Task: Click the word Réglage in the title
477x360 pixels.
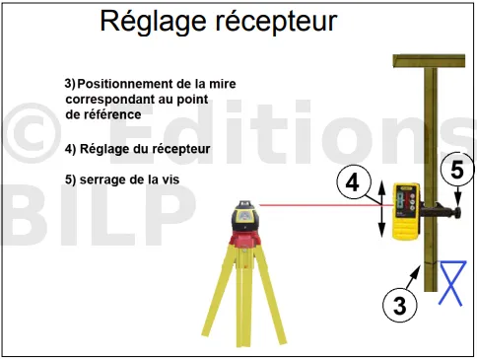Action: tap(154, 23)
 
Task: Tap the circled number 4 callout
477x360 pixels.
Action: tap(354, 182)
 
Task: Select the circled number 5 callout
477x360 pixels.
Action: tap(457, 170)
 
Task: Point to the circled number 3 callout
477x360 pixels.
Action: tap(399, 305)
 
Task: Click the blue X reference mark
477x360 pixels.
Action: tap(453, 283)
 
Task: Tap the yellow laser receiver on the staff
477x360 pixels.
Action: tap(406, 211)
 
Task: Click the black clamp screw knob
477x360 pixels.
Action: tap(456, 212)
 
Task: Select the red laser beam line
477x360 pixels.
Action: tap(326, 205)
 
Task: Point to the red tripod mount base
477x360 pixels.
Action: tap(244, 239)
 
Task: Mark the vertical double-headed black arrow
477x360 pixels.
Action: tap(381, 209)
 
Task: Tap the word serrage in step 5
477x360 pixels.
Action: tap(102, 180)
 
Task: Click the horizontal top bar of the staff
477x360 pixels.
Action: tap(429, 61)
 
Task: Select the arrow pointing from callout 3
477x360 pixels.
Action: tap(414, 277)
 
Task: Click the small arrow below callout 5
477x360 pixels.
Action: tap(458, 196)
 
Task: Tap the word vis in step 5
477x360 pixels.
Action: tap(170, 180)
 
